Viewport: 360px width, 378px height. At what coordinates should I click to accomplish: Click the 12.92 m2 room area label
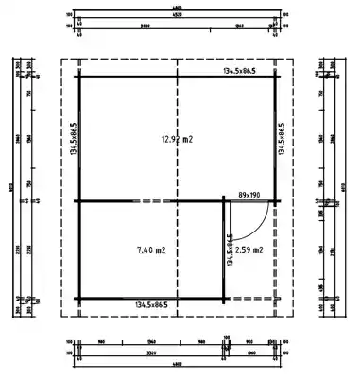point(177,139)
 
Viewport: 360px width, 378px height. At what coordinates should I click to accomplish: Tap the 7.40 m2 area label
point(151,250)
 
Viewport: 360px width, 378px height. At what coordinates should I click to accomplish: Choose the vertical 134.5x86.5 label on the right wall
point(281,138)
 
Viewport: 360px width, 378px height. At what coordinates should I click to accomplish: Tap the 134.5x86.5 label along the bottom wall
point(151,304)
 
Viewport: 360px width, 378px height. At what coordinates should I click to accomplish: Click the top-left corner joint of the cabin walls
point(78,77)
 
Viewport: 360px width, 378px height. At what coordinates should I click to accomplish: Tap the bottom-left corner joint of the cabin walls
point(78,300)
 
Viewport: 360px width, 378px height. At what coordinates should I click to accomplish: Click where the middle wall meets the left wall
point(78,201)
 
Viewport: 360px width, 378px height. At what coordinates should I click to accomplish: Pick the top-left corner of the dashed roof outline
point(62,60)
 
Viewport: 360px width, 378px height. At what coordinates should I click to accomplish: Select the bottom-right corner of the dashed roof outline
point(292,317)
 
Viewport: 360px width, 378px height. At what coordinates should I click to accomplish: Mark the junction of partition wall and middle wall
point(224,201)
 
